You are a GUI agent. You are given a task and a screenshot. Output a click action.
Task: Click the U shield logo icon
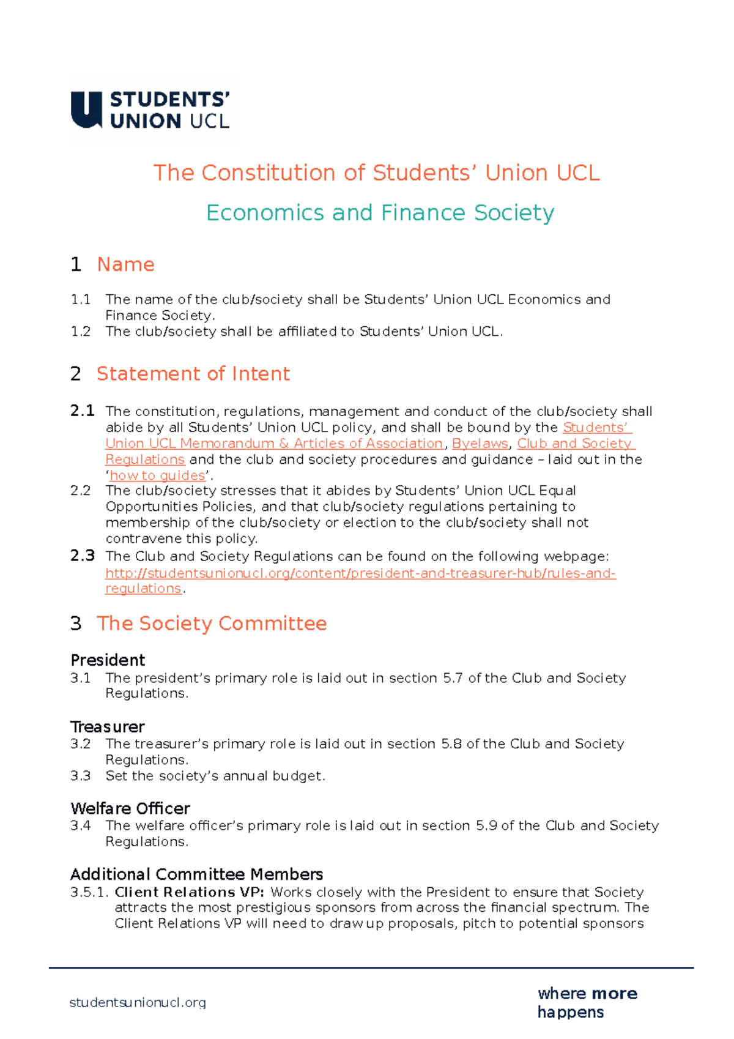tap(86, 110)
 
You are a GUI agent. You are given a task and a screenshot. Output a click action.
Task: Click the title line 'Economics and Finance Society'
tap(380, 213)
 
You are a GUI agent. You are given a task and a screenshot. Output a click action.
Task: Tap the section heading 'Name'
tap(125, 264)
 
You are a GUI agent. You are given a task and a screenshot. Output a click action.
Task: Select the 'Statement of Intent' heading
tap(193, 374)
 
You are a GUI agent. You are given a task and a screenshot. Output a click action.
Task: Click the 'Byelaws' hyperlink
tap(480, 444)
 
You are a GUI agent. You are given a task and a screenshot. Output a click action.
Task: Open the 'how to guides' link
tap(158, 475)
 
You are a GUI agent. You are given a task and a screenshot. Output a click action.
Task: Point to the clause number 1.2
tap(80, 332)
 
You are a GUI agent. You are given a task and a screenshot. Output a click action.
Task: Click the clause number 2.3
tap(82, 556)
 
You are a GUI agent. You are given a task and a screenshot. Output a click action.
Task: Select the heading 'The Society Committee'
tap(212, 624)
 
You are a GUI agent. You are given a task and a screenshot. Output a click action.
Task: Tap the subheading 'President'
tap(108, 660)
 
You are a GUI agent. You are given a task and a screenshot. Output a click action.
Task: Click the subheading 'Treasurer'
tap(107, 727)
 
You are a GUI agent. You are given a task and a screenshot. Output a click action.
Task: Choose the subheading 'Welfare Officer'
tap(130, 808)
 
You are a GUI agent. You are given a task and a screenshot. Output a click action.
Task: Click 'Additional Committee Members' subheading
tap(196, 874)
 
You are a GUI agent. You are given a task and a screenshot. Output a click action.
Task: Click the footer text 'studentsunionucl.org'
tap(138, 1003)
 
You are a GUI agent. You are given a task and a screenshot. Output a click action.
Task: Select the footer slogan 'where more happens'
tap(587, 1002)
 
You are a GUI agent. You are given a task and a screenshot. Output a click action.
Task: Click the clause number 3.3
tap(80, 776)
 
